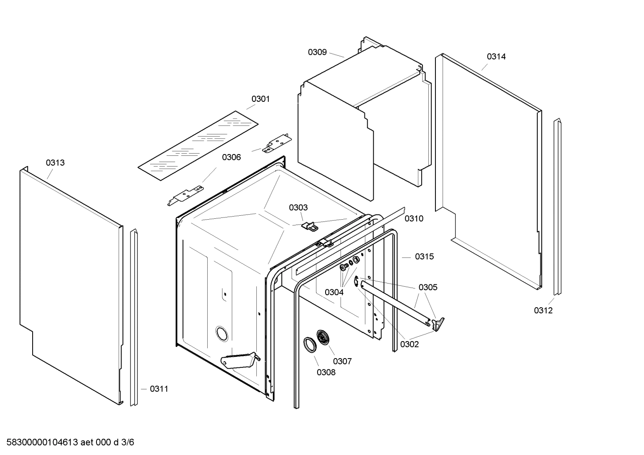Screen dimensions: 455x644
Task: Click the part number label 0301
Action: click(x=260, y=99)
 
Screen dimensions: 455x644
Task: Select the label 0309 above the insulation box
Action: click(x=317, y=52)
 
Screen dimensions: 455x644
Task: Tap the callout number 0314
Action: click(x=496, y=57)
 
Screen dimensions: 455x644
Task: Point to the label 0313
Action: click(x=55, y=163)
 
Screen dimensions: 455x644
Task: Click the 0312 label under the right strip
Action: click(x=543, y=311)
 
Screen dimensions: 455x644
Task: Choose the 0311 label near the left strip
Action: click(x=159, y=389)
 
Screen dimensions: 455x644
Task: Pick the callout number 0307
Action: click(x=342, y=361)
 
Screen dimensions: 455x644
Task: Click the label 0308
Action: click(x=326, y=372)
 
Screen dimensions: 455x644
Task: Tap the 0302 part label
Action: click(x=410, y=344)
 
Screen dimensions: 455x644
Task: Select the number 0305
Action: click(x=428, y=288)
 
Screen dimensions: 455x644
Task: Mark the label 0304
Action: click(x=334, y=292)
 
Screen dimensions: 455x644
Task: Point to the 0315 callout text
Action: click(x=424, y=257)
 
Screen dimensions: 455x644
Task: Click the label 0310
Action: click(x=414, y=219)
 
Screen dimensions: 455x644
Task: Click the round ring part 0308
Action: click(x=309, y=345)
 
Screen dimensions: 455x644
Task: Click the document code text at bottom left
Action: click(x=67, y=442)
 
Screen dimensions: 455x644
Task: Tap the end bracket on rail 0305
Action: click(x=439, y=323)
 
